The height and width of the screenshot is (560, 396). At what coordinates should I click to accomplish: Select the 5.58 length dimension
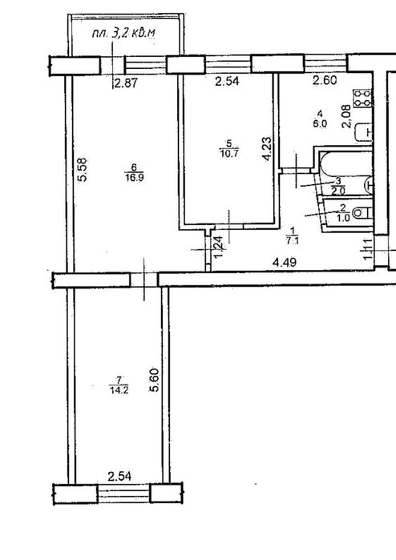click(x=83, y=171)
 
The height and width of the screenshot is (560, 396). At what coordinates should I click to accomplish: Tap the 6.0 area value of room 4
click(x=320, y=124)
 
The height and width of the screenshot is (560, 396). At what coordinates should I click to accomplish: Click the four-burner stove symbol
click(x=364, y=99)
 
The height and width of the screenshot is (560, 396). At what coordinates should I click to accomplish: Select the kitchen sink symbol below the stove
click(x=370, y=131)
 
